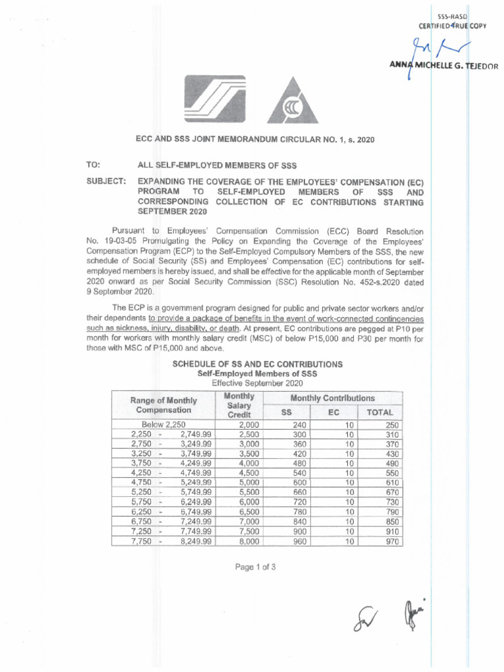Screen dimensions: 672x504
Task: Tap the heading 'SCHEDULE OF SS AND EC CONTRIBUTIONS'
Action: (x=257, y=364)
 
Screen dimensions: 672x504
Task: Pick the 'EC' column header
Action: (x=333, y=413)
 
